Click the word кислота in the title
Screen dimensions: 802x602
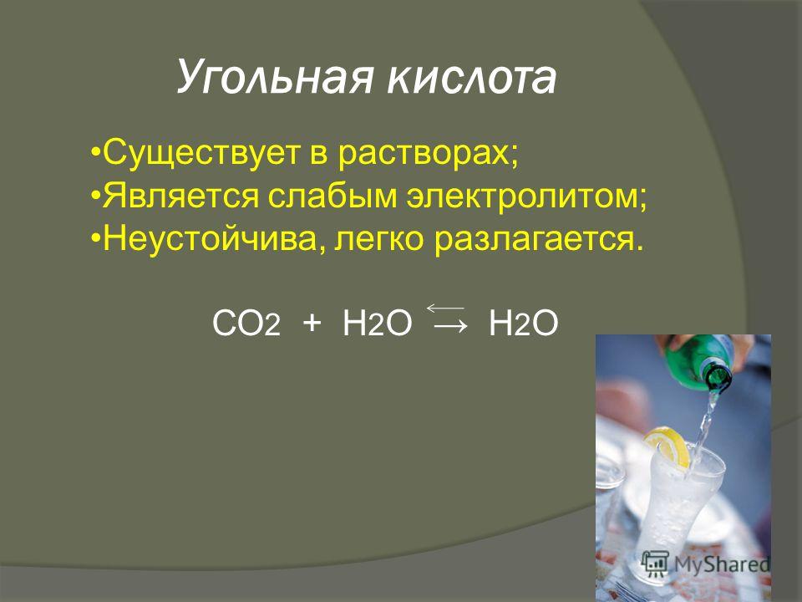pyautogui.click(x=471, y=78)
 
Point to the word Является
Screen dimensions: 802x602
pyautogui.click(x=180, y=196)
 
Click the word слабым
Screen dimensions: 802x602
pyautogui.click(x=332, y=195)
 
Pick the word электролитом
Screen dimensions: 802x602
pyautogui.click(x=521, y=196)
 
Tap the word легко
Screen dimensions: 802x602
pyautogui.click(x=379, y=239)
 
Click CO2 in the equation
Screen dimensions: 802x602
pyautogui.click(x=246, y=324)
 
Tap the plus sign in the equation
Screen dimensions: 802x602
pyautogui.click(x=312, y=324)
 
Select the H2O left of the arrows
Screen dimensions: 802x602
pyautogui.click(x=377, y=324)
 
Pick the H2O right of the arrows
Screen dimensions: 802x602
pyautogui.click(x=523, y=324)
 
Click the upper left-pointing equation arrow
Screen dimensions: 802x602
pyautogui.click(x=445, y=308)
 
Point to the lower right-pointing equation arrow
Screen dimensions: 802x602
pyautogui.click(x=450, y=325)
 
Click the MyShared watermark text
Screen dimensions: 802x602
pyautogui.click(x=721, y=564)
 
